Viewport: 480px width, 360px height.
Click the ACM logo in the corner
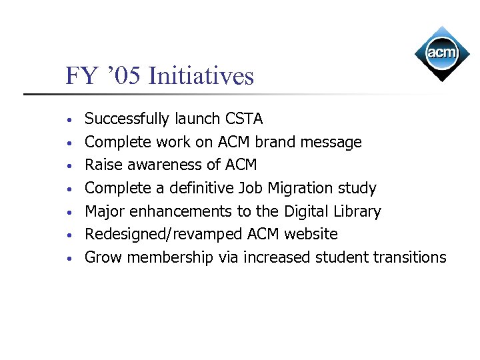(x=442, y=53)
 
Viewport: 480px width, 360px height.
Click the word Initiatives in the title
(x=201, y=76)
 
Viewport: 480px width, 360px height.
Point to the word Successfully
(x=127, y=119)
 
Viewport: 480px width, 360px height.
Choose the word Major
(x=105, y=211)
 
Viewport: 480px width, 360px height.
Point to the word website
(x=311, y=234)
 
